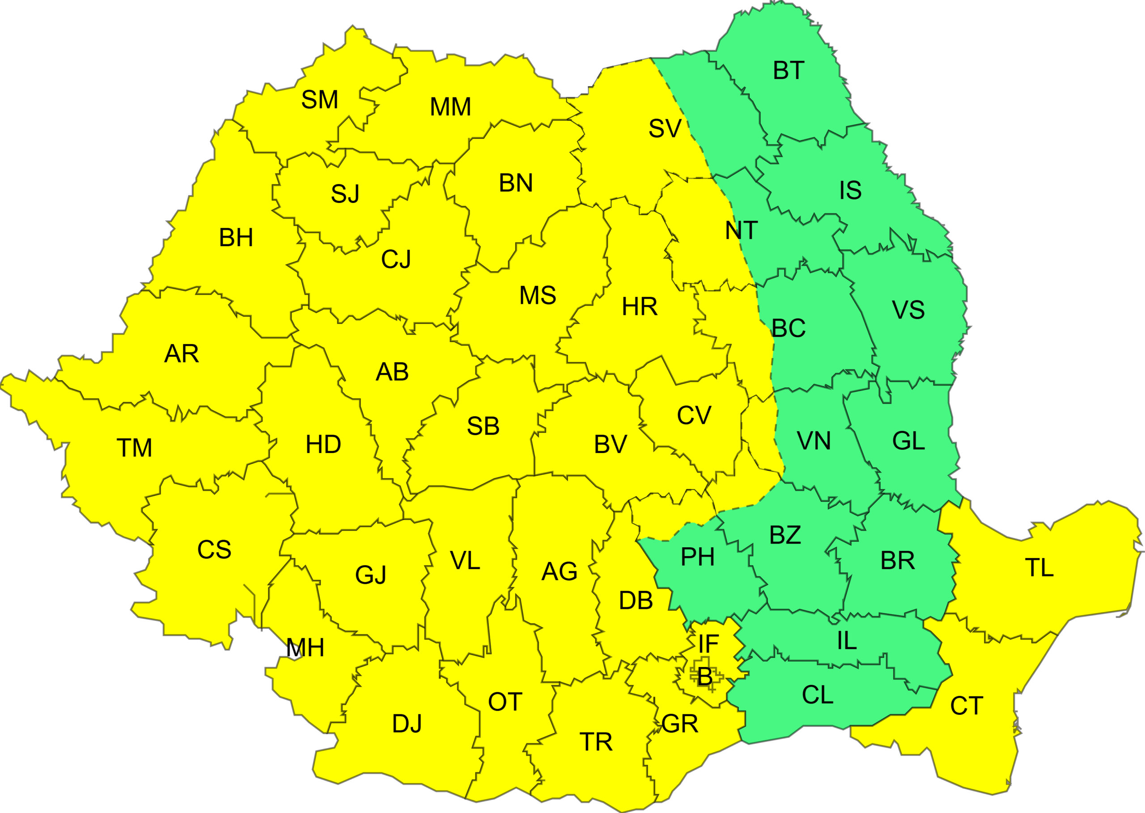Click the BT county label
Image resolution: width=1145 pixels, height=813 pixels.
[x=788, y=71]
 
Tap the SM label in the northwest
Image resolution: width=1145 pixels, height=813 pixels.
[x=319, y=100]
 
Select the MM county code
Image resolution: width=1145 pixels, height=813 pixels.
[x=450, y=107]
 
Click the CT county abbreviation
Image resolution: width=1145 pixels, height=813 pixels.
[x=966, y=706]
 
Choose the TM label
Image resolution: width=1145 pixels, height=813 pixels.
[x=134, y=448]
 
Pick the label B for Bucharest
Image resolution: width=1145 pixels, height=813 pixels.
[x=704, y=677]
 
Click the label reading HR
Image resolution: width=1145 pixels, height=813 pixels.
[x=640, y=307]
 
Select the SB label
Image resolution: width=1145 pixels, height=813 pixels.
[x=483, y=426]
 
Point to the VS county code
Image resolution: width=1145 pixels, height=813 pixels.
[x=908, y=310]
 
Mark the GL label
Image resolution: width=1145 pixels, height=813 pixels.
[x=908, y=441]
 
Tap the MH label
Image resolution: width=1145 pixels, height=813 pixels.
[x=305, y=648]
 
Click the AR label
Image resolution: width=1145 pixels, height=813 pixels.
[x=182, y=354]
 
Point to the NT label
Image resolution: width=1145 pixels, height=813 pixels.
[x=741, y=231]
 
